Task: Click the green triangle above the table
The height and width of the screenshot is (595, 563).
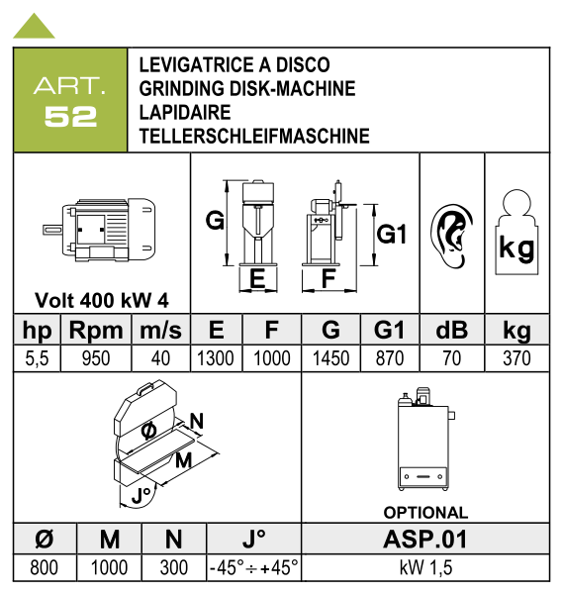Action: click(34, 28)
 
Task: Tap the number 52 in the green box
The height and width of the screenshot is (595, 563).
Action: click(70, 117)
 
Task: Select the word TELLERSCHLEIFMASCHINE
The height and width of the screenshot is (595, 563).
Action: click(254, 136)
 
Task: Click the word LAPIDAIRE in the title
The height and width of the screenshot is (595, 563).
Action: click(185, 112)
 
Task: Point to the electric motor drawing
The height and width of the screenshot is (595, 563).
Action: click(99, 230)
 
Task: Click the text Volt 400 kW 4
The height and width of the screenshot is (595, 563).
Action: click(102, 301)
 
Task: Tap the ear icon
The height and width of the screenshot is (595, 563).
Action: click(451, 236)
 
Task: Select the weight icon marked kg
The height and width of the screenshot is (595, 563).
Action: click(516, 233)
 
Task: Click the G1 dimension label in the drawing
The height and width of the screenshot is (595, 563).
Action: click(392, 234)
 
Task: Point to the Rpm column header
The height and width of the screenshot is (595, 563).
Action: click(96, 330)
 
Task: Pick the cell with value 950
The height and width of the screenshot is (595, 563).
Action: click(96, 358)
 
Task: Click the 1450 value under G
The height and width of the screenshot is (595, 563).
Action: click(331, 358)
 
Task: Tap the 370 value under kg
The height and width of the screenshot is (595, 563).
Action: click(516, 358)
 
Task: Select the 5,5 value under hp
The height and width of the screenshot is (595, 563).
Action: click(37, 358)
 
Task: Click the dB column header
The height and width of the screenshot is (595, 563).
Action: click(452, 330)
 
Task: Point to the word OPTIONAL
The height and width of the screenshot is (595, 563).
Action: click(425, 513)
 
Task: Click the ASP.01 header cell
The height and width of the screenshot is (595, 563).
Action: click(425, 539)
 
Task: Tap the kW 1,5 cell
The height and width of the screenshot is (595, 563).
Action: click(425, 567)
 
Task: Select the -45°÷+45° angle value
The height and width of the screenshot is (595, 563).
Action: click(254, 567)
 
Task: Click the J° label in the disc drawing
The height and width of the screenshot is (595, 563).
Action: click(141, 495)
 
